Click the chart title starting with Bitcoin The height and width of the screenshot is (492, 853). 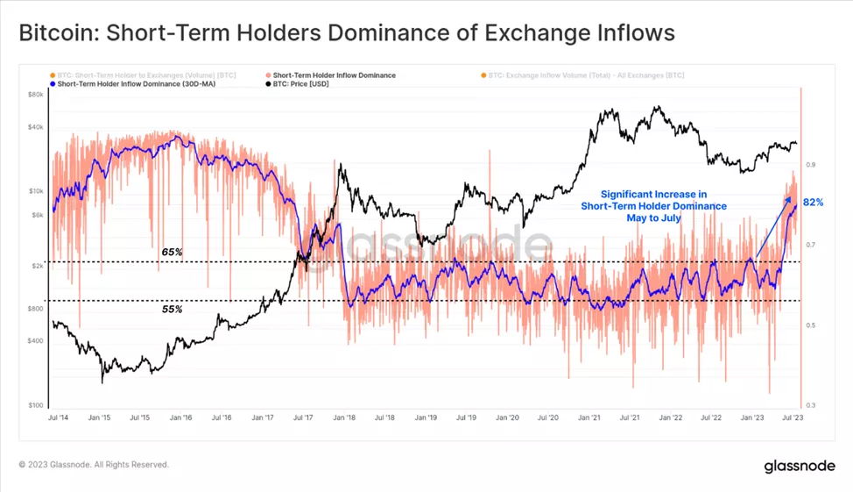(x=346, y=33)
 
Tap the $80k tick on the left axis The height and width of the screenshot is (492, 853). (x=36, y=94)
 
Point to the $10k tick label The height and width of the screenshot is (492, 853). (x=36, y=191)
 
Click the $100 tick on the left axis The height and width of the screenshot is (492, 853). (x=36, y=405)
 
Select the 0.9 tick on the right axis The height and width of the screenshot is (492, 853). (x=811, y=165)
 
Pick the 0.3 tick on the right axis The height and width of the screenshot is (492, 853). (x=811, y=405)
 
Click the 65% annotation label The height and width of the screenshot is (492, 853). (x=172, y=252)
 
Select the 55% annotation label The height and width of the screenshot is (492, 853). (x=172, y=310)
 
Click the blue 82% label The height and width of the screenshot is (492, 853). (x=813, y=203)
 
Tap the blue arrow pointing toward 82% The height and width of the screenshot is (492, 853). (x=768, y=230)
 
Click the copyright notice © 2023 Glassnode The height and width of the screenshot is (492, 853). (x=94, y=465)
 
